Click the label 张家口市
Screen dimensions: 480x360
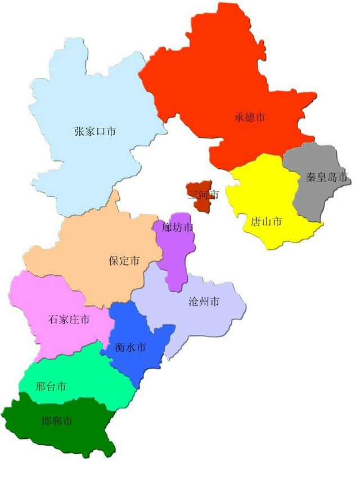[95, 132]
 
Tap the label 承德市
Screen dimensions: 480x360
[250, 118]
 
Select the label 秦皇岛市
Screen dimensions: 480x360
[327, 177]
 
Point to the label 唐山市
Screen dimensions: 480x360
[266, 221]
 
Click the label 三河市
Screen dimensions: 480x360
[203, 195]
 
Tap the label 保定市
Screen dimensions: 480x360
[124, 261]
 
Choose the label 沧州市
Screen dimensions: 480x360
[204, 302]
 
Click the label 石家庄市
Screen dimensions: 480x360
[69, 320]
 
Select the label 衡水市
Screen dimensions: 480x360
[130, 348]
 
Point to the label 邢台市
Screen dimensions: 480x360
[51, 387]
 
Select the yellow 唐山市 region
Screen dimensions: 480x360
[270, 191]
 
